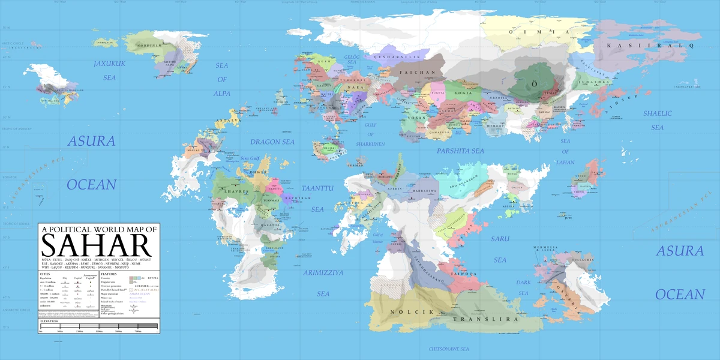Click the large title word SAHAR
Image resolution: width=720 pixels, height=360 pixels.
click(95, 247)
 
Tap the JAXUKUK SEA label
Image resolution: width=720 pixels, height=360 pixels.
click(109, 70)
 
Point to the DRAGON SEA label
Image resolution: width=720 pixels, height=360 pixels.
click(272, 142)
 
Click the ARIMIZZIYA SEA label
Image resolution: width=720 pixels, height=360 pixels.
click(323, 283)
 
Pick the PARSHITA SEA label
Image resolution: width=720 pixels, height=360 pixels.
click(460, 151)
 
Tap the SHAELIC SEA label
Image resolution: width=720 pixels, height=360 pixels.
click(658, 120)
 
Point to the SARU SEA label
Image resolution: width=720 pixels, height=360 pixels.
click(500, 249)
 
